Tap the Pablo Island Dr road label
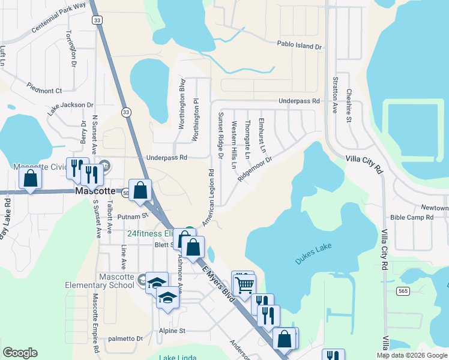(x=299, y=45)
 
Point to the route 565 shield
(x=403, y=291)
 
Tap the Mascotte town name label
(x=95, y=191)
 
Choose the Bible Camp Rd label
(x=411, y=217)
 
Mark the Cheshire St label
(x=348, y=106)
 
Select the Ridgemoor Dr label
(x=255, y=169)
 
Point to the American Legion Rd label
(x=208, y=197)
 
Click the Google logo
(x=20, y=353)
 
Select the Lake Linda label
(x=178, y=358)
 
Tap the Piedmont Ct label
(x=44, y=91)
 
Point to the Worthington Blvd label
(x=181, y=107)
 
